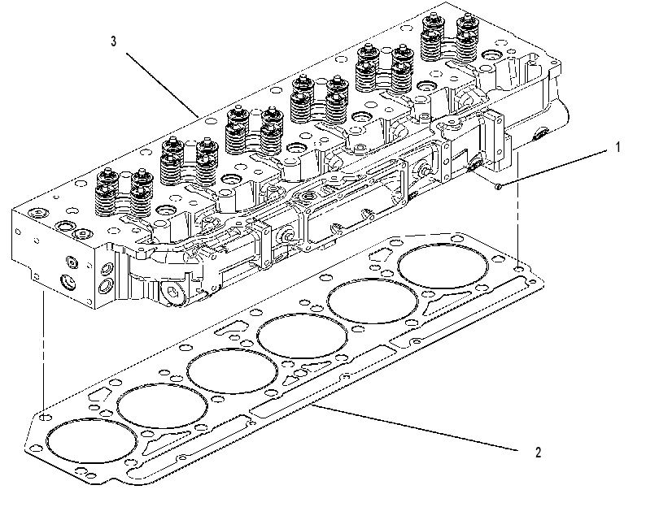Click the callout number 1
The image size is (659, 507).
618,147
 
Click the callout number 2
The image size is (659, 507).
539,453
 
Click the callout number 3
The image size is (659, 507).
113,41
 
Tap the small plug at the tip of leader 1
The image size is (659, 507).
498,186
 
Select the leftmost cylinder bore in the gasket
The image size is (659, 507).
92,440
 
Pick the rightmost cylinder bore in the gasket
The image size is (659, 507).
443,266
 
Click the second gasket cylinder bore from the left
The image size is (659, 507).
162,405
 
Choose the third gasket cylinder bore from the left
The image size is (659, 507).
232,370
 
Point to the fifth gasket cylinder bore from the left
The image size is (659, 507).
373,301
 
